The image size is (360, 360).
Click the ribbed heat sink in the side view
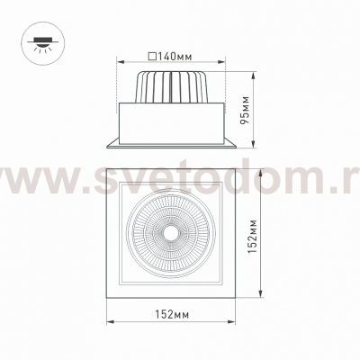172,88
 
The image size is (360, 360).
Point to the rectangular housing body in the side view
172,121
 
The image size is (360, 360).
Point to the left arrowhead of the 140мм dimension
119,63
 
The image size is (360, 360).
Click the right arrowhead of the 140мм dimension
226,63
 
